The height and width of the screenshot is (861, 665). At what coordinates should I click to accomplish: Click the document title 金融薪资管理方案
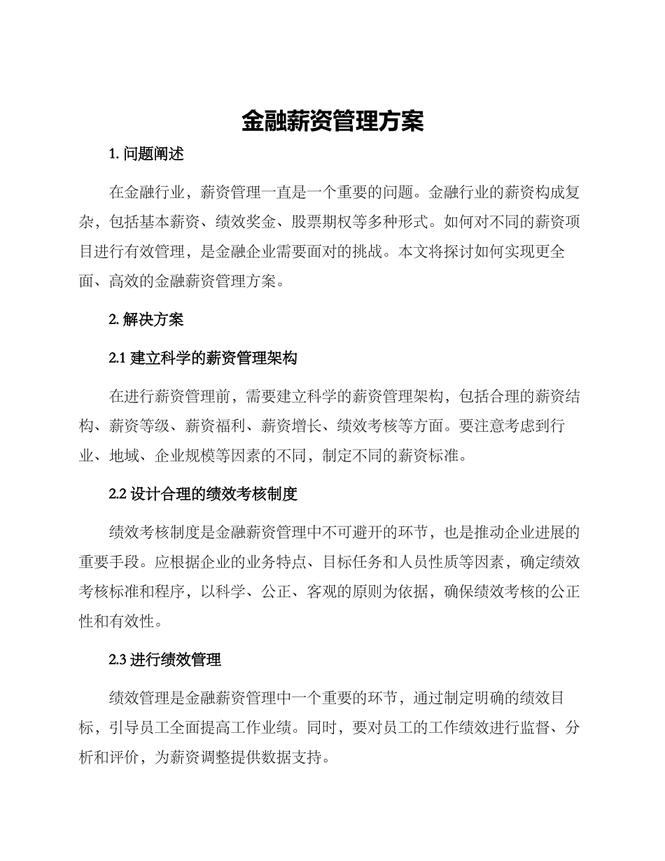(332, 121)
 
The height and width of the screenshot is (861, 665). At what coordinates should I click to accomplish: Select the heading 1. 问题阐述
(146, 154)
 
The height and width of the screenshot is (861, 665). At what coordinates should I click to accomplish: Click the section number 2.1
(118, 358)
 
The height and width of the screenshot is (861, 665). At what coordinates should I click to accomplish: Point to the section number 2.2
(118, 494)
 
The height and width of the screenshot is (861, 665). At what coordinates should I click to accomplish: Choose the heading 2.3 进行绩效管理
(165, 659)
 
